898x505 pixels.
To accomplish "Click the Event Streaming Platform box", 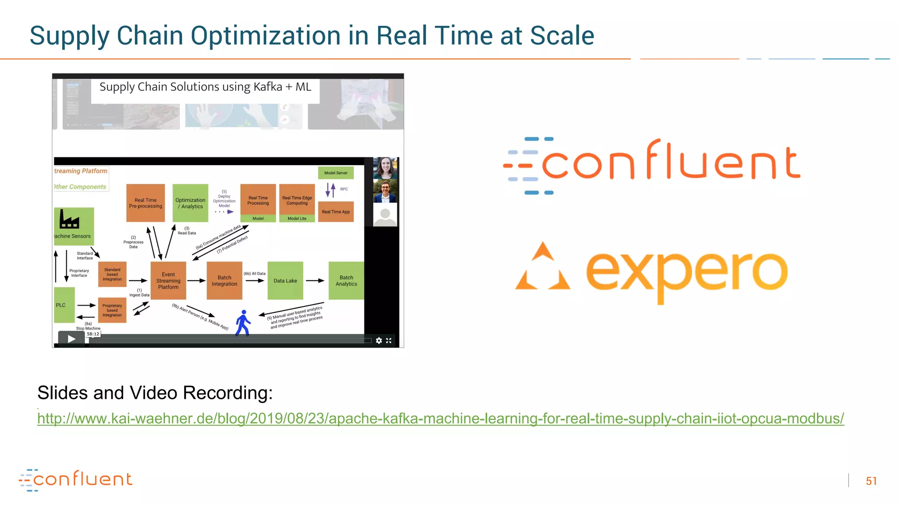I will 168,281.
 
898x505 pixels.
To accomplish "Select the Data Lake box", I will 285,281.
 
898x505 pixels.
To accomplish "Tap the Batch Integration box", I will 224,281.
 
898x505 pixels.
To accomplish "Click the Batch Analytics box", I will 346,281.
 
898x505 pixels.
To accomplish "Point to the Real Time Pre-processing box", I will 146,203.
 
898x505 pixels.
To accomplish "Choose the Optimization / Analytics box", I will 190,203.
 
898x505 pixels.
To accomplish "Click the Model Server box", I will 335,173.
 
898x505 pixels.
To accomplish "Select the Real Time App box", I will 335,212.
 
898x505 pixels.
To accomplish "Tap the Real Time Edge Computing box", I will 297,200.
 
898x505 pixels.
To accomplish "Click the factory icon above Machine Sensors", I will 69,219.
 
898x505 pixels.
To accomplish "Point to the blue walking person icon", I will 242,323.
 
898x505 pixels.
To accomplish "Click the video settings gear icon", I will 379,341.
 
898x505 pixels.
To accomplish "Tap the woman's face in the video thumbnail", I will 385,168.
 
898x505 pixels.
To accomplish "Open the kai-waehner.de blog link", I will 440,419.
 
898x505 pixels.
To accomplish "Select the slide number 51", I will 871,481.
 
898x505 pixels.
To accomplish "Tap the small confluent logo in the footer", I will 75,480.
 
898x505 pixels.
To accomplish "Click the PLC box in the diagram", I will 64,305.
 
